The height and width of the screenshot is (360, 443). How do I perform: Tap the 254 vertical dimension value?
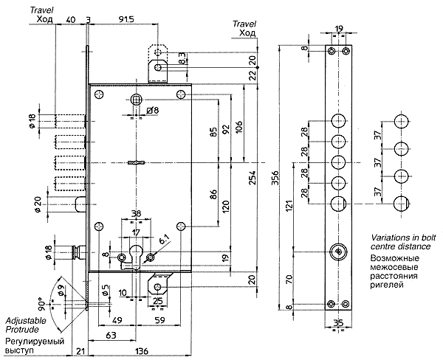253,178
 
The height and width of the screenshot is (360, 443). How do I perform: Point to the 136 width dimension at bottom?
142,351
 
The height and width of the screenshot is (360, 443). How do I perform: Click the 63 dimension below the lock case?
111,336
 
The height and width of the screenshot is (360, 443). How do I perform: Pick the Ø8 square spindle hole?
136,99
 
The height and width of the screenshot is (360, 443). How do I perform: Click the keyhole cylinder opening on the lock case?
136,256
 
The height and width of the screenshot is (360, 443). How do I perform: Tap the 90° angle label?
42,304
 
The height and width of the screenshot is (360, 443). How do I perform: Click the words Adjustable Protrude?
26,325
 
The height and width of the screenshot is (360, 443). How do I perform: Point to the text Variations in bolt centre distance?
403,242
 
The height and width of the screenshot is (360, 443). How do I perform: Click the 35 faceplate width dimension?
338,322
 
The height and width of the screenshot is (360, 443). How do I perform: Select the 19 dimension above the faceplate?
338,29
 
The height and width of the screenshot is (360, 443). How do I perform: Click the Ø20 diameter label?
38,205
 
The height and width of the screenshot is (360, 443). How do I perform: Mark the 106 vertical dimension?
238,128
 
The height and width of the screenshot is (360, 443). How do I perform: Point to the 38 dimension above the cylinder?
136,213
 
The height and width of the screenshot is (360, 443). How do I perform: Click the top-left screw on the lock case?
100,94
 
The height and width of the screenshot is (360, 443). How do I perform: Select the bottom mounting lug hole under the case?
158,287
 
